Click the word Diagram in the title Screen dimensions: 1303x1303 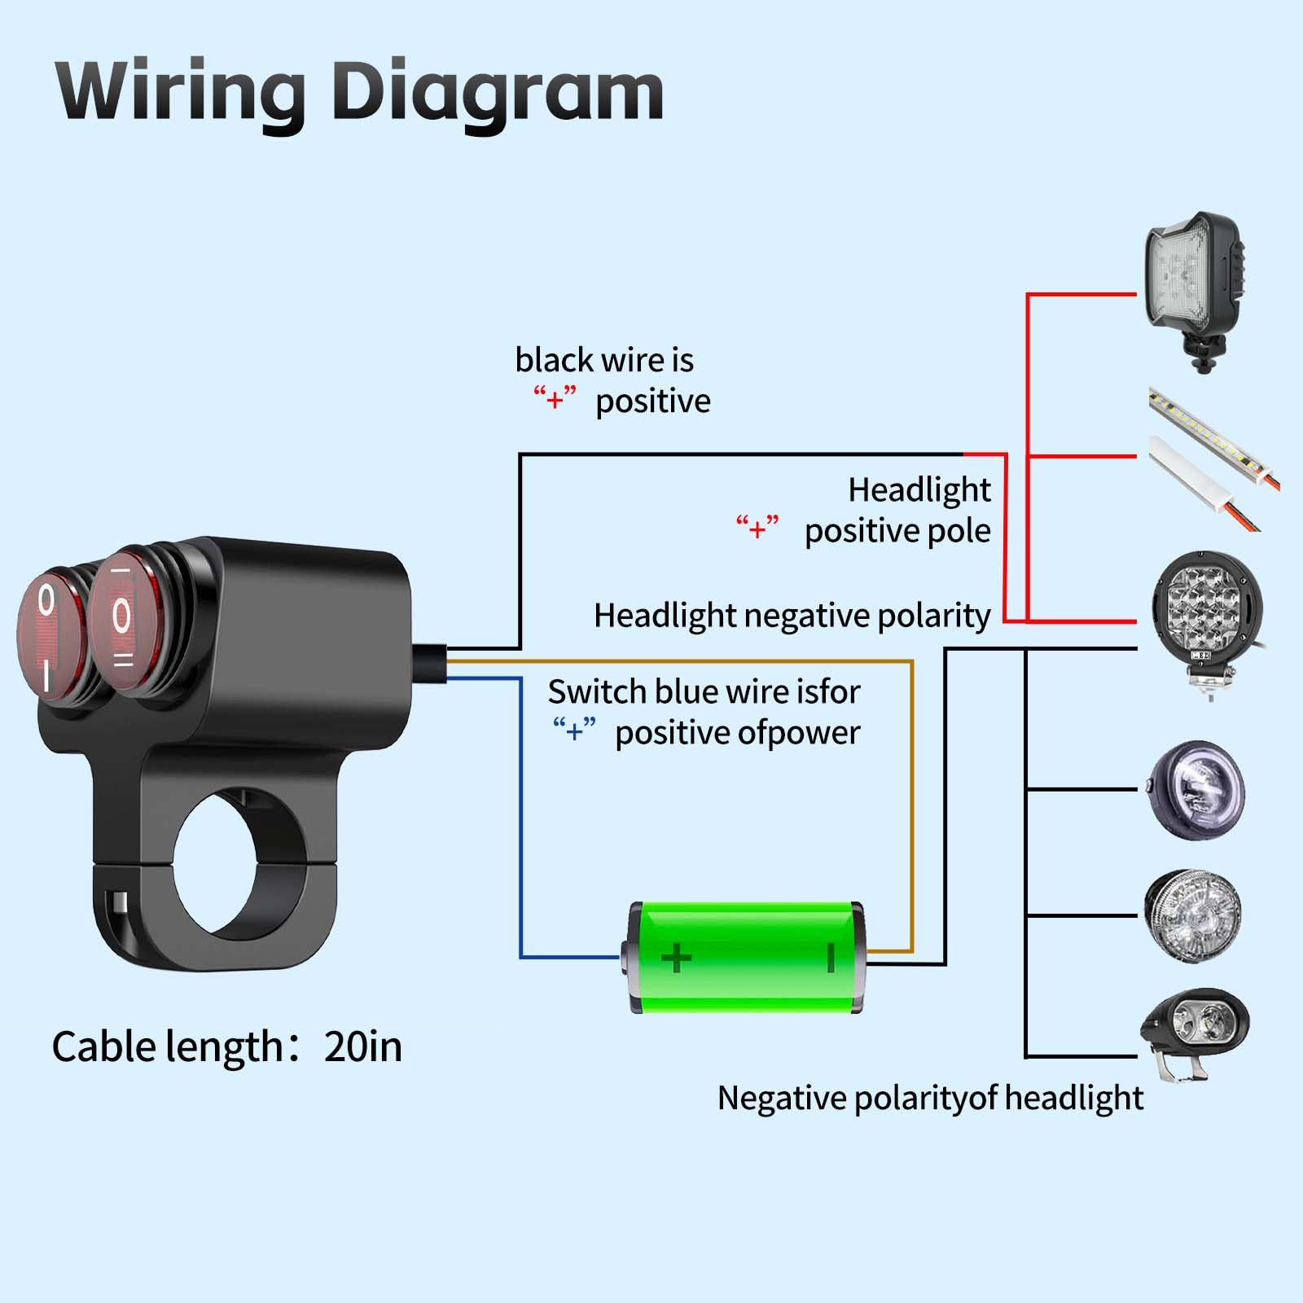point(498,91)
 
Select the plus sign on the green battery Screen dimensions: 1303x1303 point(676,957)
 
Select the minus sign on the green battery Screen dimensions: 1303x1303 point(831,957)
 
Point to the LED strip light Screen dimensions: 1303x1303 point(1213,456)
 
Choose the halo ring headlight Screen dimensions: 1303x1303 point(1196,790)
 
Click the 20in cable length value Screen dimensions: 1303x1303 point(363,1046)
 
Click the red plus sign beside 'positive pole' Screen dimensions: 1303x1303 point(757,529)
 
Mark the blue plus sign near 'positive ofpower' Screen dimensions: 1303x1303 point(574,730)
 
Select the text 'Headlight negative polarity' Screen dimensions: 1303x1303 point(792,616)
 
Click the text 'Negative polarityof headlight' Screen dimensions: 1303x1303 point(930,1098)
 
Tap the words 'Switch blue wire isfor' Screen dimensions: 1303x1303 point(704,692)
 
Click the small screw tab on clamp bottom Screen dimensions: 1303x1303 point(120,903)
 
